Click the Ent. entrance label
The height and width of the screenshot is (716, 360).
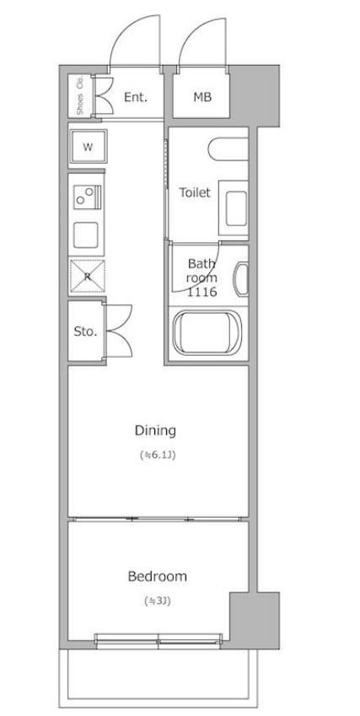[136, 97]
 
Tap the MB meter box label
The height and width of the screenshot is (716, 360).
[202, 97]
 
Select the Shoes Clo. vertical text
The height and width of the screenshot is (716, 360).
[79, 95]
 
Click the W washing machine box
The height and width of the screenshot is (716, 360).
[88, 147]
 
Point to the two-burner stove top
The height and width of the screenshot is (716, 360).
[88, 196]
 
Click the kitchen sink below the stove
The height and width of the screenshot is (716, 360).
[86, 234]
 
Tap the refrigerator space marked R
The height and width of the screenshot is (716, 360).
[87, 276]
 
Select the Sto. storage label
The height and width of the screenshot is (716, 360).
[85, 331]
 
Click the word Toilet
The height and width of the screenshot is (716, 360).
[195, 192]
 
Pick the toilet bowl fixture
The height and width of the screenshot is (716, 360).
[228, 148]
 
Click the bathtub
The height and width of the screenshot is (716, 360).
[207, 332]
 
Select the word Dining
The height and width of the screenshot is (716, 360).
[155, 430]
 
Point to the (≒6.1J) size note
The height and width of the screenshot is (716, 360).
[158, 455]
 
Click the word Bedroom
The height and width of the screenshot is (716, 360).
[157, 576]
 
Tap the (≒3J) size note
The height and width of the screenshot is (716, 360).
[158, 601]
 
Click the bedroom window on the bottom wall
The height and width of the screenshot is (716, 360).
[159, 641]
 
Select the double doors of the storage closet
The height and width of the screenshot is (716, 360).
[118, 331]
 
